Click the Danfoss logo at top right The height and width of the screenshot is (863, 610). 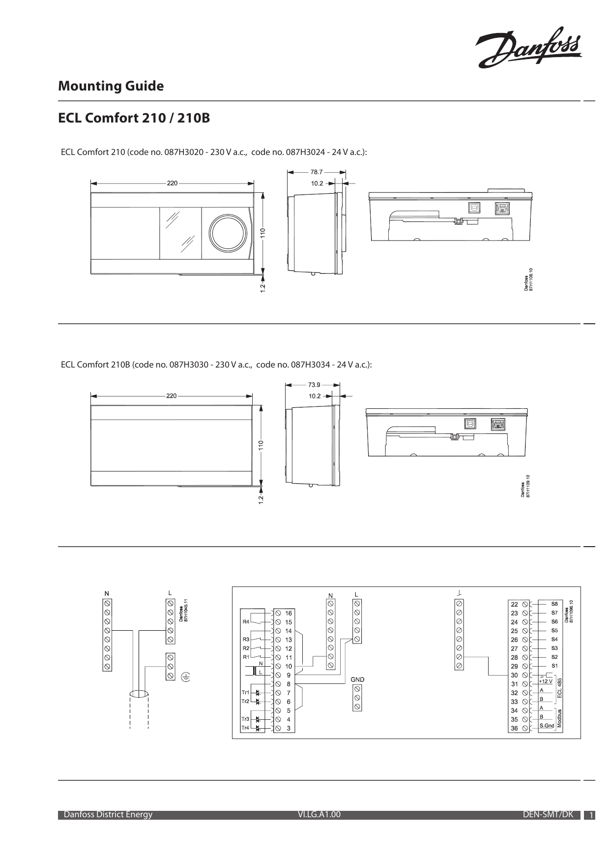[x=529, y=47]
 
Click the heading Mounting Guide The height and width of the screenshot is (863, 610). [x=111, y=86]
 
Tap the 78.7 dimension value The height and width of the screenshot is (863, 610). [x=317, y=172]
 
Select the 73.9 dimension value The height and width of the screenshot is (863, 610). [x=315, y=385]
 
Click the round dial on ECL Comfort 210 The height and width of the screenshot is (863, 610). [x=228, y=233]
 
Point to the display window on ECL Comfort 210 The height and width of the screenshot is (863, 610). [x=180, y=233]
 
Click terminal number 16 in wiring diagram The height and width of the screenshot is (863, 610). [x=289, y=613]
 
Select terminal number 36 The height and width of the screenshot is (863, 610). [x=514, y=728]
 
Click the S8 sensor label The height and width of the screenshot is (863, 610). [x=554, y=603]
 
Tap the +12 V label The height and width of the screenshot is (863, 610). [x=546, y=681]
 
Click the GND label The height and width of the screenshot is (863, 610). [x=357, y=679]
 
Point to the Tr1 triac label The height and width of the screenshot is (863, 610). [x=245, y=692]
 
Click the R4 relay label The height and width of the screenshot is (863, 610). [x=245, y=621]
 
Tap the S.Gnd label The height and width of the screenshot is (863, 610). [x=547, y=726]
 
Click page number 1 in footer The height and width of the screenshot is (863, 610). [x=591, y=816]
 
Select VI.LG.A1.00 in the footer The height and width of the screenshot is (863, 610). [x=319, y=814]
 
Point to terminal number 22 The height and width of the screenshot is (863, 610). [x=514, y=604]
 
